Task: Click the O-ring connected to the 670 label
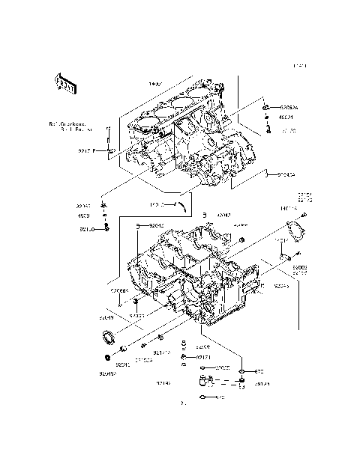243,372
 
